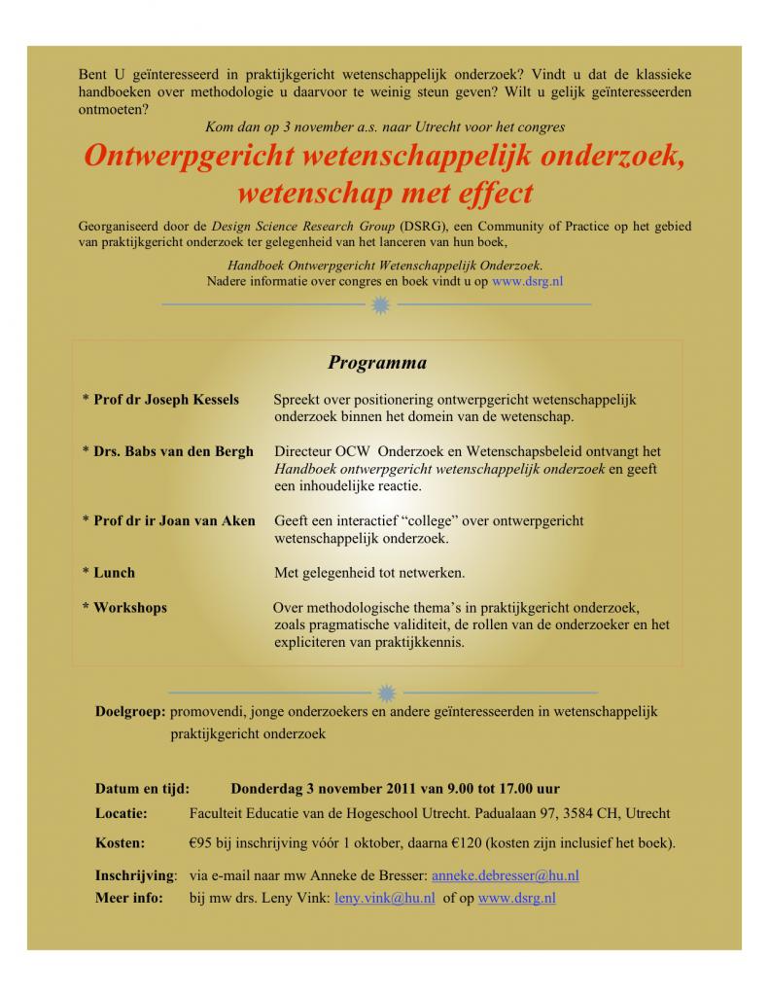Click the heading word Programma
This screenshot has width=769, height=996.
pos(377,364)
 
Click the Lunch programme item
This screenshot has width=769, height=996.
pos(114,573)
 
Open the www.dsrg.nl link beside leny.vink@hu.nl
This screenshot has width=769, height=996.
pos(517,898)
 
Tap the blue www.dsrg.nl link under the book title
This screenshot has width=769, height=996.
pos(529,281)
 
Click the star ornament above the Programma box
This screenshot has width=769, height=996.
pos(380,305)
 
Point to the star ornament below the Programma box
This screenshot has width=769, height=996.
pos(386,693)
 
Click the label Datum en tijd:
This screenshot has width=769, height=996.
pos(142,788)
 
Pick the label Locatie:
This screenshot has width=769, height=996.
pos(122,813)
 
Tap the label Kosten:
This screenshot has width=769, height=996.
pos(120,842)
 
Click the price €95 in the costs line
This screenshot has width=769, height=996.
pos(201,842)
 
